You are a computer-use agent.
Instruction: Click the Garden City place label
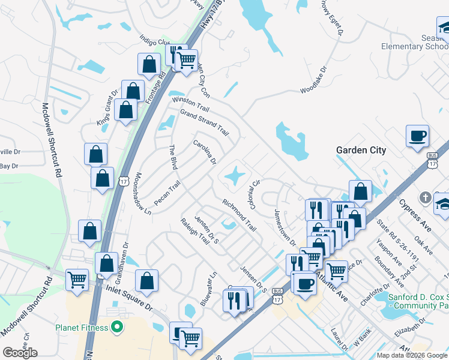[x=361, y=150]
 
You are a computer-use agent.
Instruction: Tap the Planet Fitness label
[x=82, y=328]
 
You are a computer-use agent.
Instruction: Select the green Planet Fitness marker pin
[x=118, y=328]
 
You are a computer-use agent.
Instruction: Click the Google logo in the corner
[x=20, y=352]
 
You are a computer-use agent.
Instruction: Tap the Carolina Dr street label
[x=204, y=152]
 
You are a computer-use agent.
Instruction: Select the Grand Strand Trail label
[x=205, y=122]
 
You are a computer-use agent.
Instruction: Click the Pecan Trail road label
[x=167, y=194]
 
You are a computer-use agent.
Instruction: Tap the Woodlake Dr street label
[x=317, y=82]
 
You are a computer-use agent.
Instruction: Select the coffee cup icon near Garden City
[x=417, y=136]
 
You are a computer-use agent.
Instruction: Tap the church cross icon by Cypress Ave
[x=425, y=197]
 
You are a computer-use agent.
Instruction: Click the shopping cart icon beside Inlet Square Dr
[x=77, y=278]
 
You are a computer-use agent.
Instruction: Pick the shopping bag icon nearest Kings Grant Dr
[x=133, y=92]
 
